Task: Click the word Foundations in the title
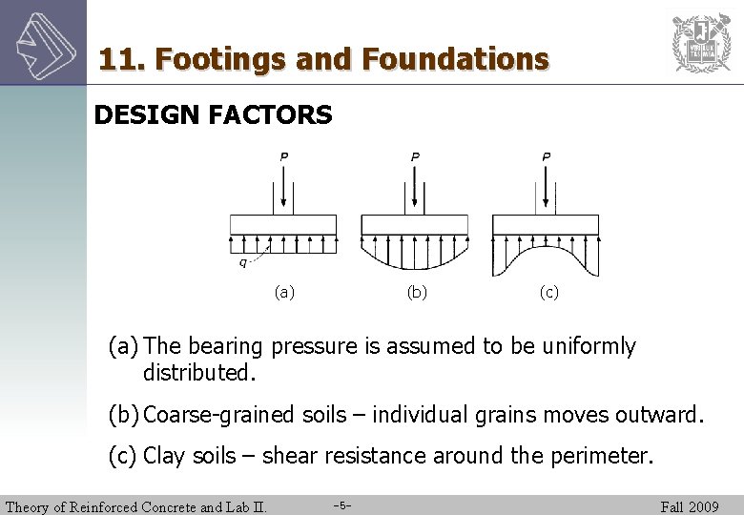pos(456,59)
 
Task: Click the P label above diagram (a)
pos(283,156)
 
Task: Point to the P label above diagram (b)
pos(415,156)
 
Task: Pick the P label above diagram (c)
pos(546,156)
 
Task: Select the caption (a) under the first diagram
pos(283,293)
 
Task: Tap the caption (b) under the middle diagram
pos(416,293)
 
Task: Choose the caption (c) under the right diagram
pos(548,293)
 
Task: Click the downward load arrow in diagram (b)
pos(415,187)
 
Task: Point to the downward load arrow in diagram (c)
pos(546,187)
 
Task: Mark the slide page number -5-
pos(344,505)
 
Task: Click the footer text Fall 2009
pos(690,506)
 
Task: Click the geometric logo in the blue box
pos(43,42)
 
